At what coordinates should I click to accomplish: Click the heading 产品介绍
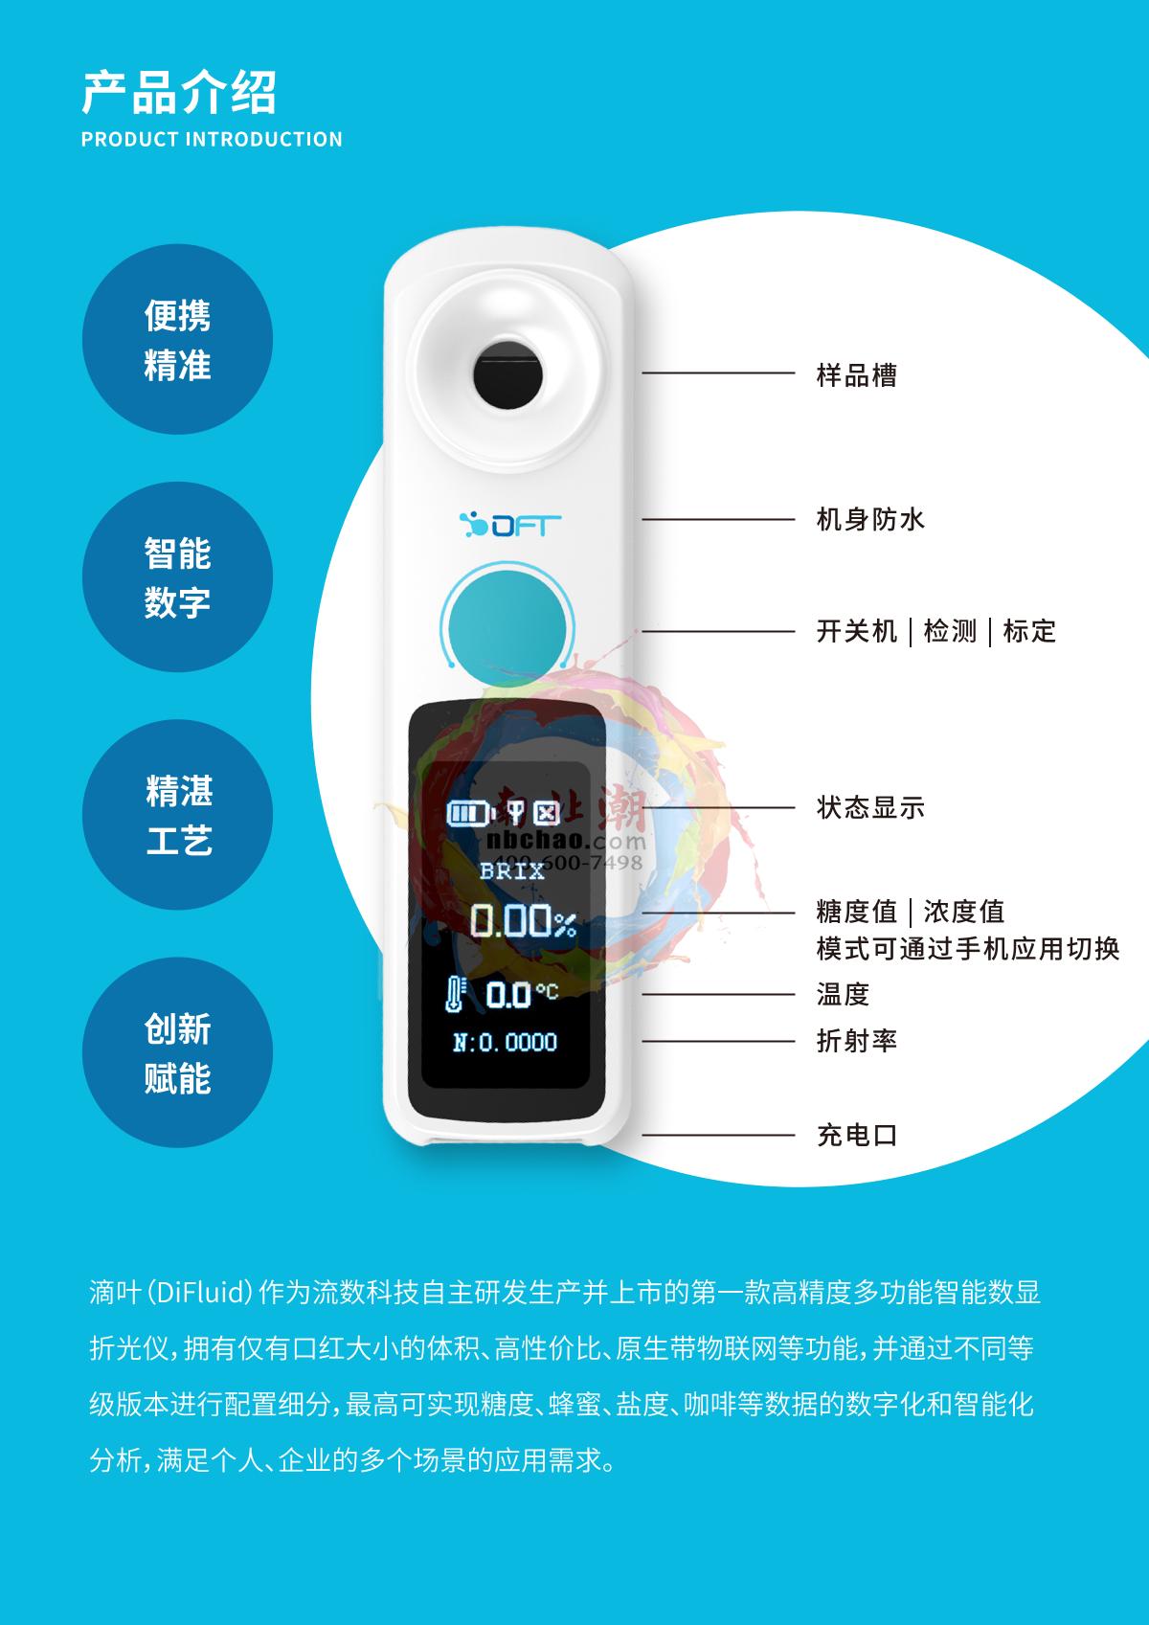pos(179,92)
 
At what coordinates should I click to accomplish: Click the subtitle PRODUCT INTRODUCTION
pos(212,140)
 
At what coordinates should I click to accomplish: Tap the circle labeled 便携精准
pos(177,340)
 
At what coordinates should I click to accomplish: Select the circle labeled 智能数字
pos(177,577)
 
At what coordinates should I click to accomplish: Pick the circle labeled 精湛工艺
pos(177,815)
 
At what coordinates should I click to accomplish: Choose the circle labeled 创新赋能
pos(177,1053)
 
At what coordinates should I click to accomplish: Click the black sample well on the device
pos(507,372)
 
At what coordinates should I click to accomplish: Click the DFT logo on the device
pos(508,525)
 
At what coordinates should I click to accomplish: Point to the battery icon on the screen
pos(472,814)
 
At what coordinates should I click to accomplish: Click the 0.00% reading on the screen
pos(523,922)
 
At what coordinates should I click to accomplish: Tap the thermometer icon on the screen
pos(455,994)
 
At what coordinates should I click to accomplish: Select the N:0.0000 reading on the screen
pos(505,1042)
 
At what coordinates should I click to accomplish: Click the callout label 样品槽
pos(856,374)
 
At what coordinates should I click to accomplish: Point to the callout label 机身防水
pos(869,520)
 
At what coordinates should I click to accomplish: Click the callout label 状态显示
pos(869,807)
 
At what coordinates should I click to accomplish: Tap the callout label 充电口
pos(856,1136)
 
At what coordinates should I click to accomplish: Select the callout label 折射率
pos(856,1041)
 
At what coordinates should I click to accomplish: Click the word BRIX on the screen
pos(512,871)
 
